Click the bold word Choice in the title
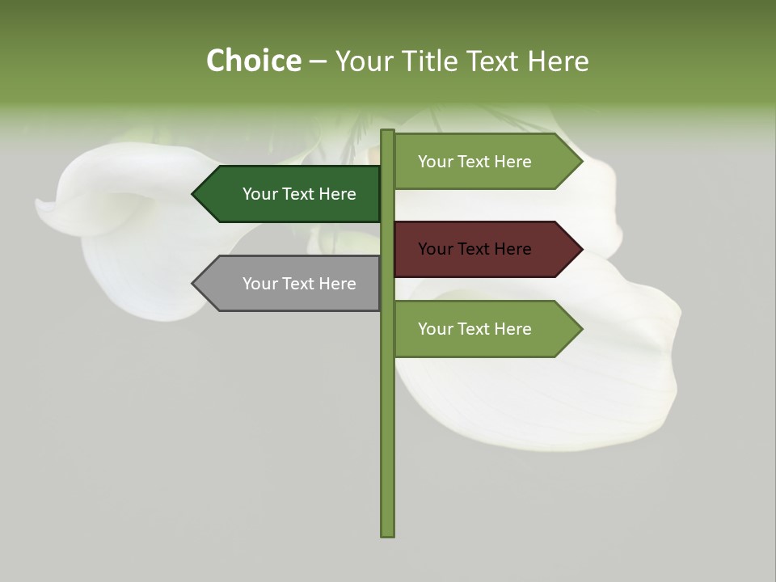pos(253,61)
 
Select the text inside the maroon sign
pos(474,249)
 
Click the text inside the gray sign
pos(299,284)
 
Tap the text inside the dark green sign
pos(299,194)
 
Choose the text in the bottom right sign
pos(474,329)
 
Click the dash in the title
pos(318,61)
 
